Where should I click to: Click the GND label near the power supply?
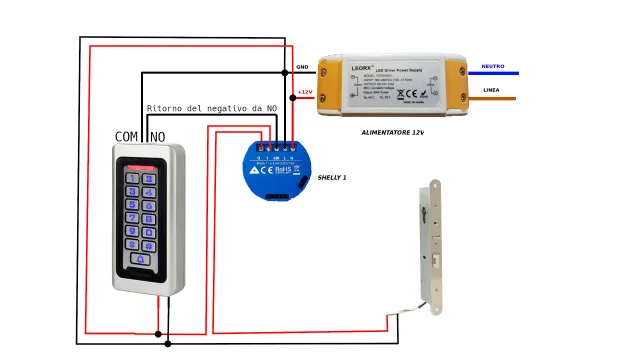coord(302,67)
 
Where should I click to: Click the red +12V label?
coord(304,92)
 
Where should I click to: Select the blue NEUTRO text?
coord(493,66)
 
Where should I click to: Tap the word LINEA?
coord(491,90)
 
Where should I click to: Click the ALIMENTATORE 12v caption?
coord(393,131)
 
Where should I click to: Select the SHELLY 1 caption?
coord(332,177)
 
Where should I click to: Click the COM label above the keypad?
coord(127,136)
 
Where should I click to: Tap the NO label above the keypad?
coord(158,136)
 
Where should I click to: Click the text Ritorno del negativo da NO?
coord(211,108)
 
